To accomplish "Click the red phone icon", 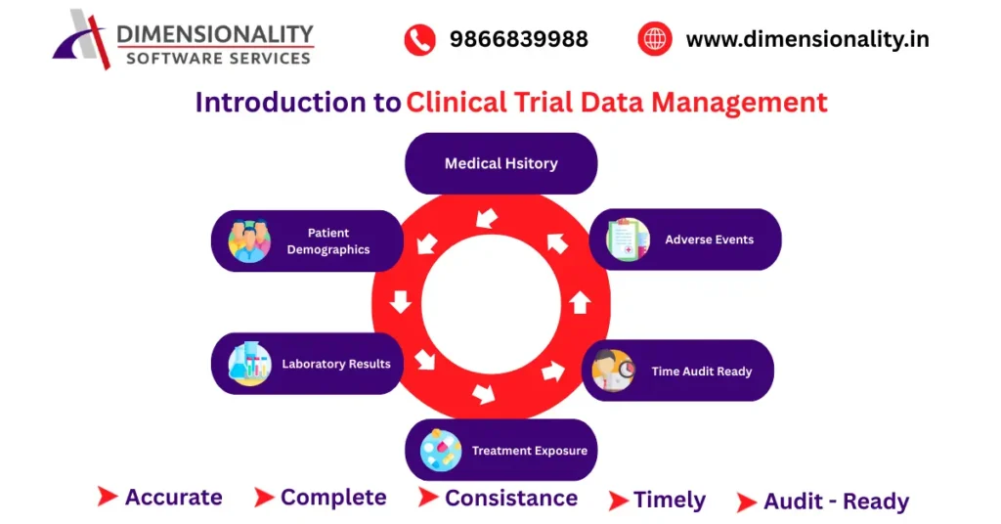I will (x=419, y=40).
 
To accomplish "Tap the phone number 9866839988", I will (x=518, y=40).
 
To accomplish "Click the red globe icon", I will (x=654, y=40).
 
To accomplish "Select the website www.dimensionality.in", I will (x=807, y=40).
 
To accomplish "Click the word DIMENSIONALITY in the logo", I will (x=215, y=35).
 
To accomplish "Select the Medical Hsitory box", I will (x=500, y=163).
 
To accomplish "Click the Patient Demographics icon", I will (x=249, y=241).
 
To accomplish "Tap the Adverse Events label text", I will (x=709, y=240).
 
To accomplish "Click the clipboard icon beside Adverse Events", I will (x=627, y=240).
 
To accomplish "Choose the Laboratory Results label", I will (x=336, y=364).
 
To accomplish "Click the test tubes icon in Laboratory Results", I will (x=249, y=364).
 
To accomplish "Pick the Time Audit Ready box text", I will (x=702, y=371).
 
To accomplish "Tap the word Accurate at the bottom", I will (x=173, y=498).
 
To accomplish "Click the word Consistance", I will (x=510, y=499).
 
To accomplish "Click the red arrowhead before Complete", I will (x=263, y=498).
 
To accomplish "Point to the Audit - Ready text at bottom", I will (x=836, y=502).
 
